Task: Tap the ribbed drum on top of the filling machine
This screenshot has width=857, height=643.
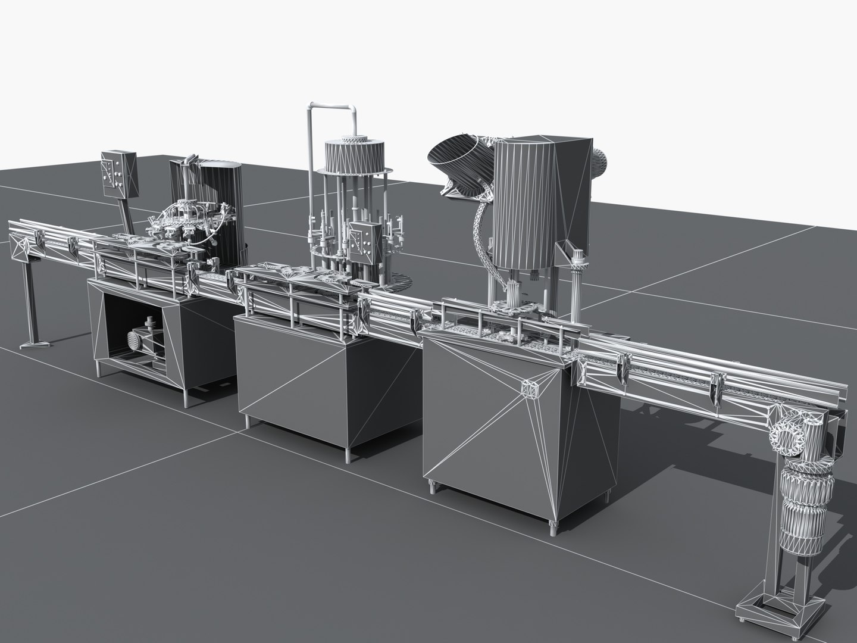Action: [x=354, y=157]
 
